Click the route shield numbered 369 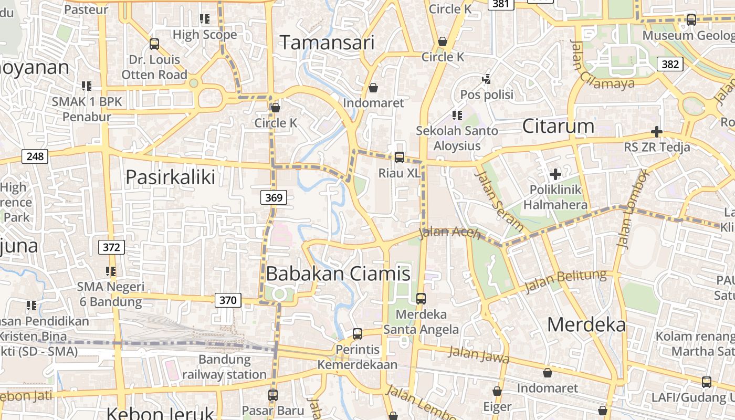(x=274, y=198)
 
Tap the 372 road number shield (x=111, y=247)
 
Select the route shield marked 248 (x=35, y=156)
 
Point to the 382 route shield (x=669, y=65)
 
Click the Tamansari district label (x=327, y=43)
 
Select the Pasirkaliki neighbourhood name (x=170, y=177)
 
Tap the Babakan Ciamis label (x=338, y=274)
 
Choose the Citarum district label (x=558, y=126)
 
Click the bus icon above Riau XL (x=399, y=157)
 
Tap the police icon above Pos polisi (x=487, y=79)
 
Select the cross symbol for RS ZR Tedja (x=656, y=132)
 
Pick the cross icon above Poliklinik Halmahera (x=555, y=174)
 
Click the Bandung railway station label (x=224, y=367)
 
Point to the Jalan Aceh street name (x=450, y=232)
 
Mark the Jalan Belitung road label (x=565, y=282)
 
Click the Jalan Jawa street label (x=479, y=355)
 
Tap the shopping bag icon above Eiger (x=497, y=391)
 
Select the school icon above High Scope (x=205, y=19)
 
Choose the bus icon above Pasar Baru (x=272, y=395)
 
